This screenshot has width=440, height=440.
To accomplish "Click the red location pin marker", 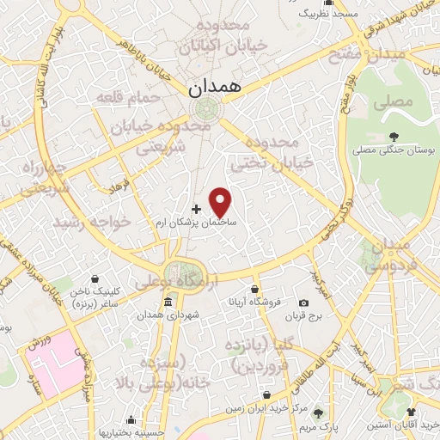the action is pos(221,201).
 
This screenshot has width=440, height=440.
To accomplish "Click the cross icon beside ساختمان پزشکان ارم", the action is pos(196,209).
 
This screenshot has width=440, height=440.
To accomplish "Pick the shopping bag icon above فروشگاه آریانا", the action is pos(254,289).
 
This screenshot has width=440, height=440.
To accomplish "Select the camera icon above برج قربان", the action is pos(303,302).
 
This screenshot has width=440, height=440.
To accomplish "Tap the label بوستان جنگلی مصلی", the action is pos(394,150).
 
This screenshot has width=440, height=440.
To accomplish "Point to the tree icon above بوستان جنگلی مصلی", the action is pos(394,136).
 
